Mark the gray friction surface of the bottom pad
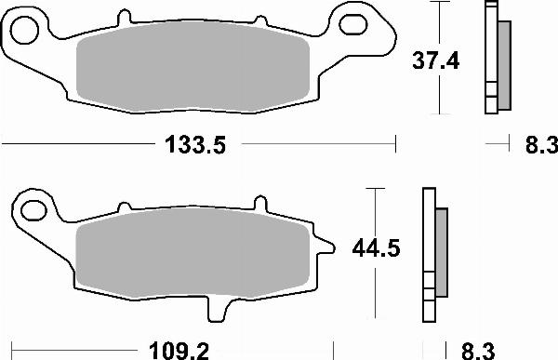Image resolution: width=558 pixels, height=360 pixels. [192, 257]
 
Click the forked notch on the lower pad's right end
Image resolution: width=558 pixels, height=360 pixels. [327, 247]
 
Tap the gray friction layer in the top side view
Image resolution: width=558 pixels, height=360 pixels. [504, 63]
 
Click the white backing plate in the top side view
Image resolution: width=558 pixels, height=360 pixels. [489, 56]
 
